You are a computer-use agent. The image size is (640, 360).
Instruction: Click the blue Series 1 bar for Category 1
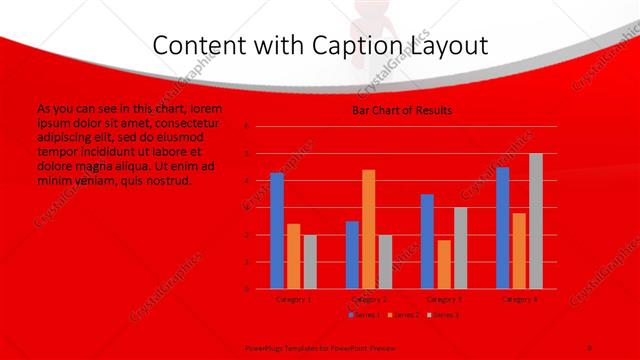tap(277, 231)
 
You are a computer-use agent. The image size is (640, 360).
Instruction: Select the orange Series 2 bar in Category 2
tap(368, 229)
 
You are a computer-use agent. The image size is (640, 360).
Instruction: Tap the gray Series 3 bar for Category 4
tap(536, 221)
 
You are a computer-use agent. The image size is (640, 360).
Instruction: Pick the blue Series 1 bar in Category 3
tap(427, 241)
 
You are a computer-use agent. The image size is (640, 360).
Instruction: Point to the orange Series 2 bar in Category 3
tap(444, 264)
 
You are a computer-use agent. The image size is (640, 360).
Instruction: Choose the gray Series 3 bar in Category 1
tap(310, 262)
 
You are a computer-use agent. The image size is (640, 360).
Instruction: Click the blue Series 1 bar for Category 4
tap(502, 228)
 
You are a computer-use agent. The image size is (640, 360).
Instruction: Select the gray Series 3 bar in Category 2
tap(385, 262)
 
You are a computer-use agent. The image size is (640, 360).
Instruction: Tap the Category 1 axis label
tap(293, 299)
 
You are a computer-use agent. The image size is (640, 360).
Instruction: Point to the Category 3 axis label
tap(443, 299)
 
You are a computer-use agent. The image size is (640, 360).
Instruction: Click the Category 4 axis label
tap(519, 299)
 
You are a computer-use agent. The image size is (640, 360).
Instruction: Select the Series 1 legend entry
tap(363, 315)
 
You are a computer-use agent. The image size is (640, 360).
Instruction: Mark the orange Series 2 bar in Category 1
tap(293, 256)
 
